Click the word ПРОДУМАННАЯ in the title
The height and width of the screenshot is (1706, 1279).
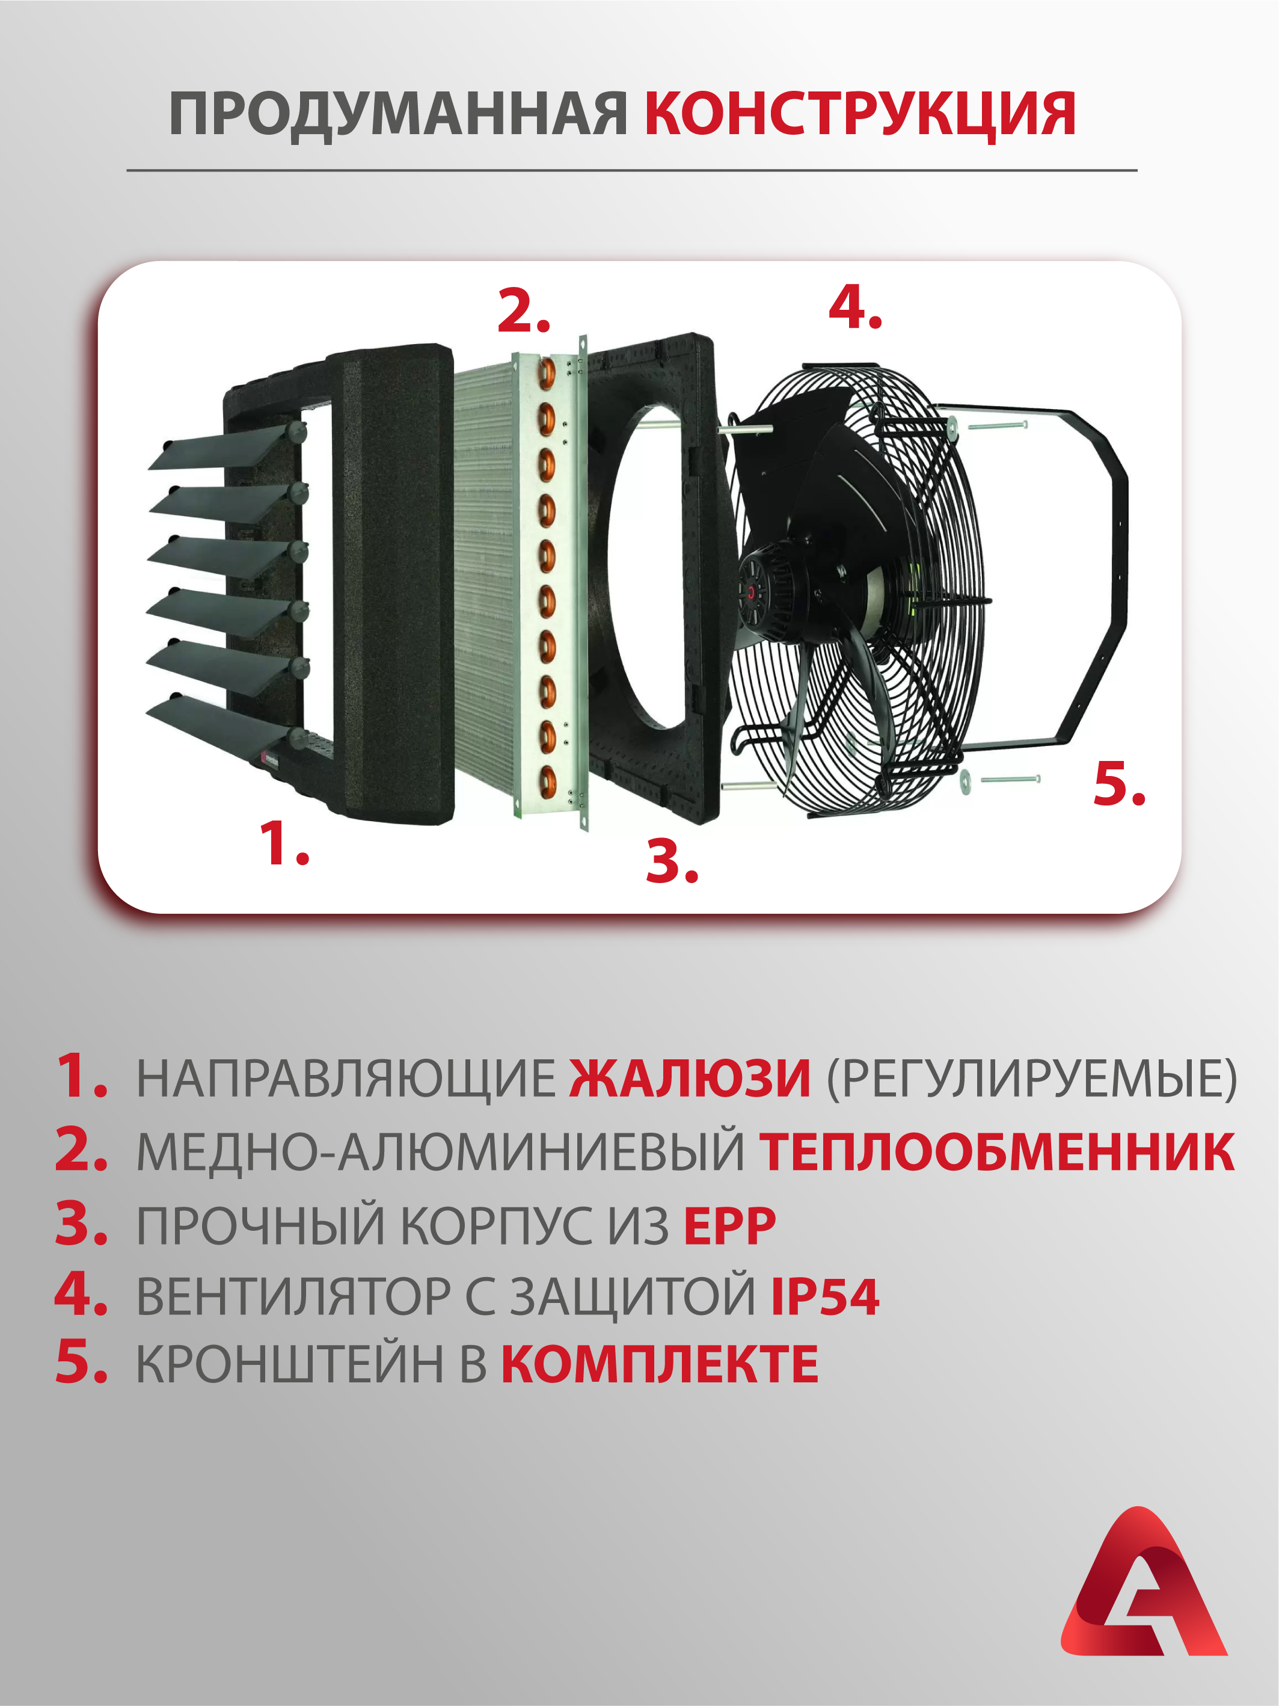[399, 114]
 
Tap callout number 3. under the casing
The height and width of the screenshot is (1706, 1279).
[672, 861]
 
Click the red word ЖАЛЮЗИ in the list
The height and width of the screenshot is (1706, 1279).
[690, 1077]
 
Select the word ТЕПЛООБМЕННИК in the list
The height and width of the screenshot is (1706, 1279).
[997, 1152]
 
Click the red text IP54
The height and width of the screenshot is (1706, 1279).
[825, 1296]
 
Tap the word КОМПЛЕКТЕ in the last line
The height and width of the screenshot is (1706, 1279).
[660, 1364]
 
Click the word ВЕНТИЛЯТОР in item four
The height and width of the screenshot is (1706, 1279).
[293, 1296]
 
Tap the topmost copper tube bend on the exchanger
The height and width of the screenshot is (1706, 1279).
[547, 374]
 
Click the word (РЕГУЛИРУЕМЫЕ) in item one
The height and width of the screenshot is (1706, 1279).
[1031, 1078]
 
